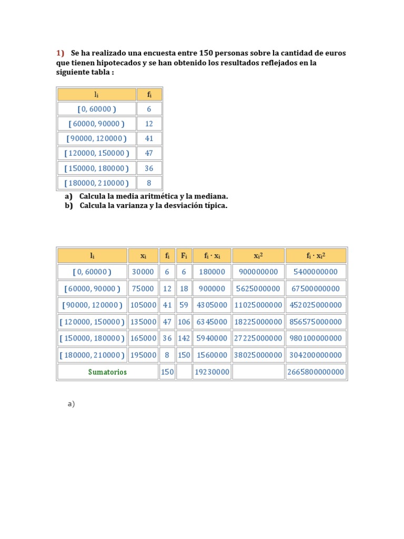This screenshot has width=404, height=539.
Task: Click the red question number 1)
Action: coord(60,53)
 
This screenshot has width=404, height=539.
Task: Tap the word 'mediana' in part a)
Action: coord(211,196)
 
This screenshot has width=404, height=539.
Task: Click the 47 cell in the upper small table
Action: coord(149,153)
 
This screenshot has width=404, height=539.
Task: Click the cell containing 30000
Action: coord(143,272)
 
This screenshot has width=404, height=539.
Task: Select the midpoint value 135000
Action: coord(143,322)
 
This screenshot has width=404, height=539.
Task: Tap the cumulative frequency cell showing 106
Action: coord(184,322)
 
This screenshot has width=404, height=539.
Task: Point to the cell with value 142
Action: coord(184,338)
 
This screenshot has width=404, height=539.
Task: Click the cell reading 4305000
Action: coord(211,305)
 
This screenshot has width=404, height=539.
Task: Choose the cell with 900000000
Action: coord(258,272)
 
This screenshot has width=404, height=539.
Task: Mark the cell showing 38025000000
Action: coord(258,355)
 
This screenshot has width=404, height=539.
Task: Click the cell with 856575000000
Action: coord(316,322)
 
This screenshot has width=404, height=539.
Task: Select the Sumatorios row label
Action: coord(107,372)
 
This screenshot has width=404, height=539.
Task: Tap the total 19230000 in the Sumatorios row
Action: coord(211,372)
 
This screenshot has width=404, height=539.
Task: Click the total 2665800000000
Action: coord(316,372)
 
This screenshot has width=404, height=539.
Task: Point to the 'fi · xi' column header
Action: coord(211,256)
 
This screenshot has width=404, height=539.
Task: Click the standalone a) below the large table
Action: coord(71,404)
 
